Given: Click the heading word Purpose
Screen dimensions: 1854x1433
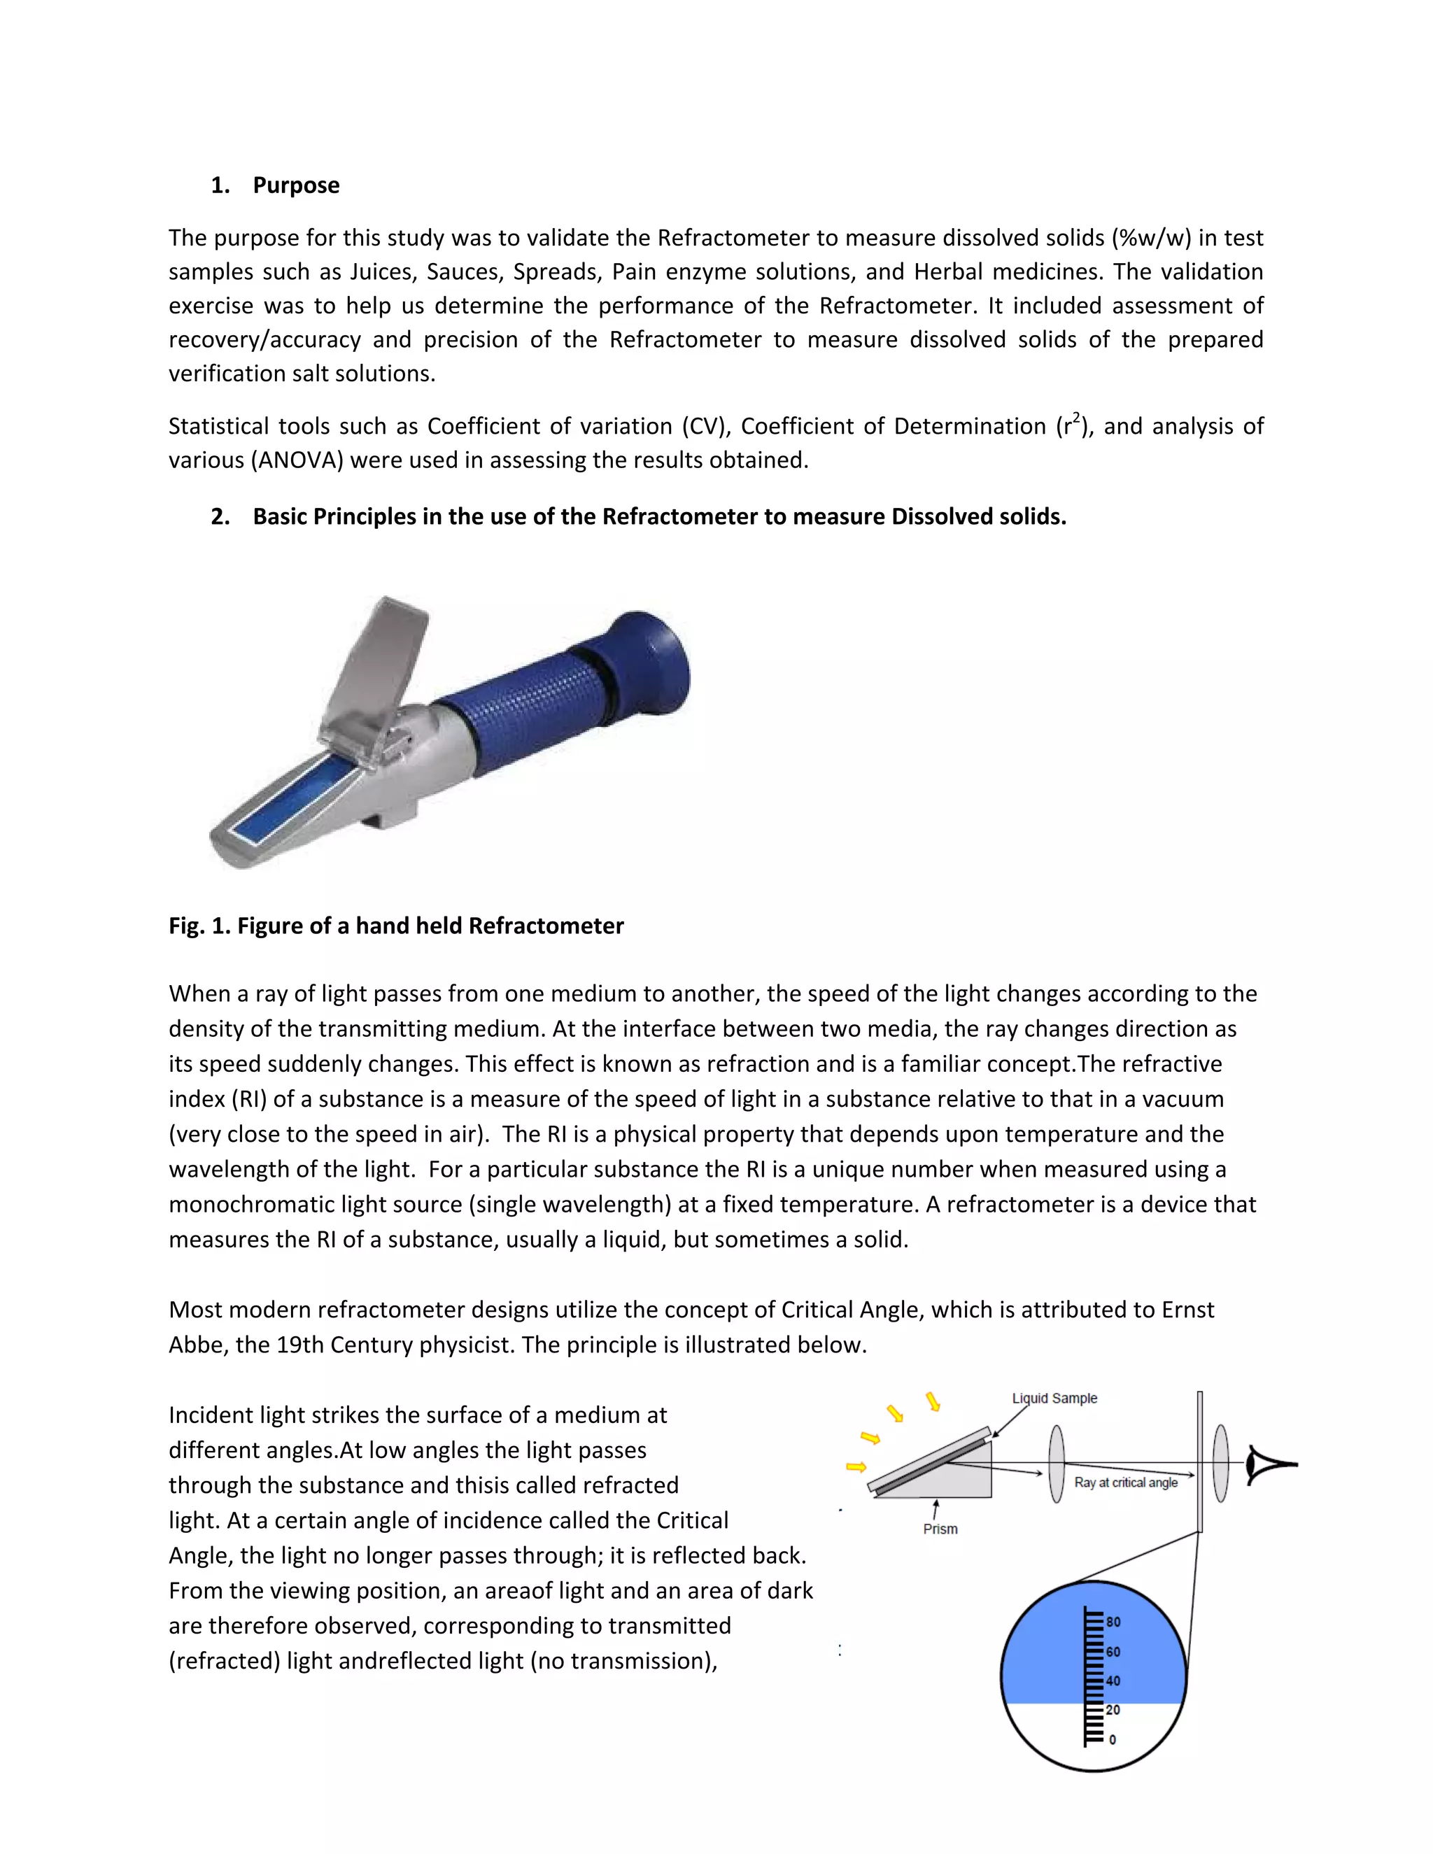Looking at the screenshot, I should [295, 185].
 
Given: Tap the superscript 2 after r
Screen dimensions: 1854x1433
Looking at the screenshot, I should [1075, 417].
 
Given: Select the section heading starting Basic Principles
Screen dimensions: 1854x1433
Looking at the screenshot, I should [658, 516].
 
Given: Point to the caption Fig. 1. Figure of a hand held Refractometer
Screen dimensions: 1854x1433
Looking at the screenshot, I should [395, 926].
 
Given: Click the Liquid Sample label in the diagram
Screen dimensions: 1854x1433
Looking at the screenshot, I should [1054, 1398].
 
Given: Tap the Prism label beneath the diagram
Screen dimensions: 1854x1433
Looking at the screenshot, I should [940, 1529].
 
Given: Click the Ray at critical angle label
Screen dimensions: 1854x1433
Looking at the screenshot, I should [1126, 1483].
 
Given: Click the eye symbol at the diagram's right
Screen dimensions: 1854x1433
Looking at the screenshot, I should [1269, 1465].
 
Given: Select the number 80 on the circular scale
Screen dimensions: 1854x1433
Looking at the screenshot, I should [1113, 1622].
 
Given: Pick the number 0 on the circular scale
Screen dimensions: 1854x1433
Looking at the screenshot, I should [1112, 1739].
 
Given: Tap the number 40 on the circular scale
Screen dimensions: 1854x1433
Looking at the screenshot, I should [1113, 1680].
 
